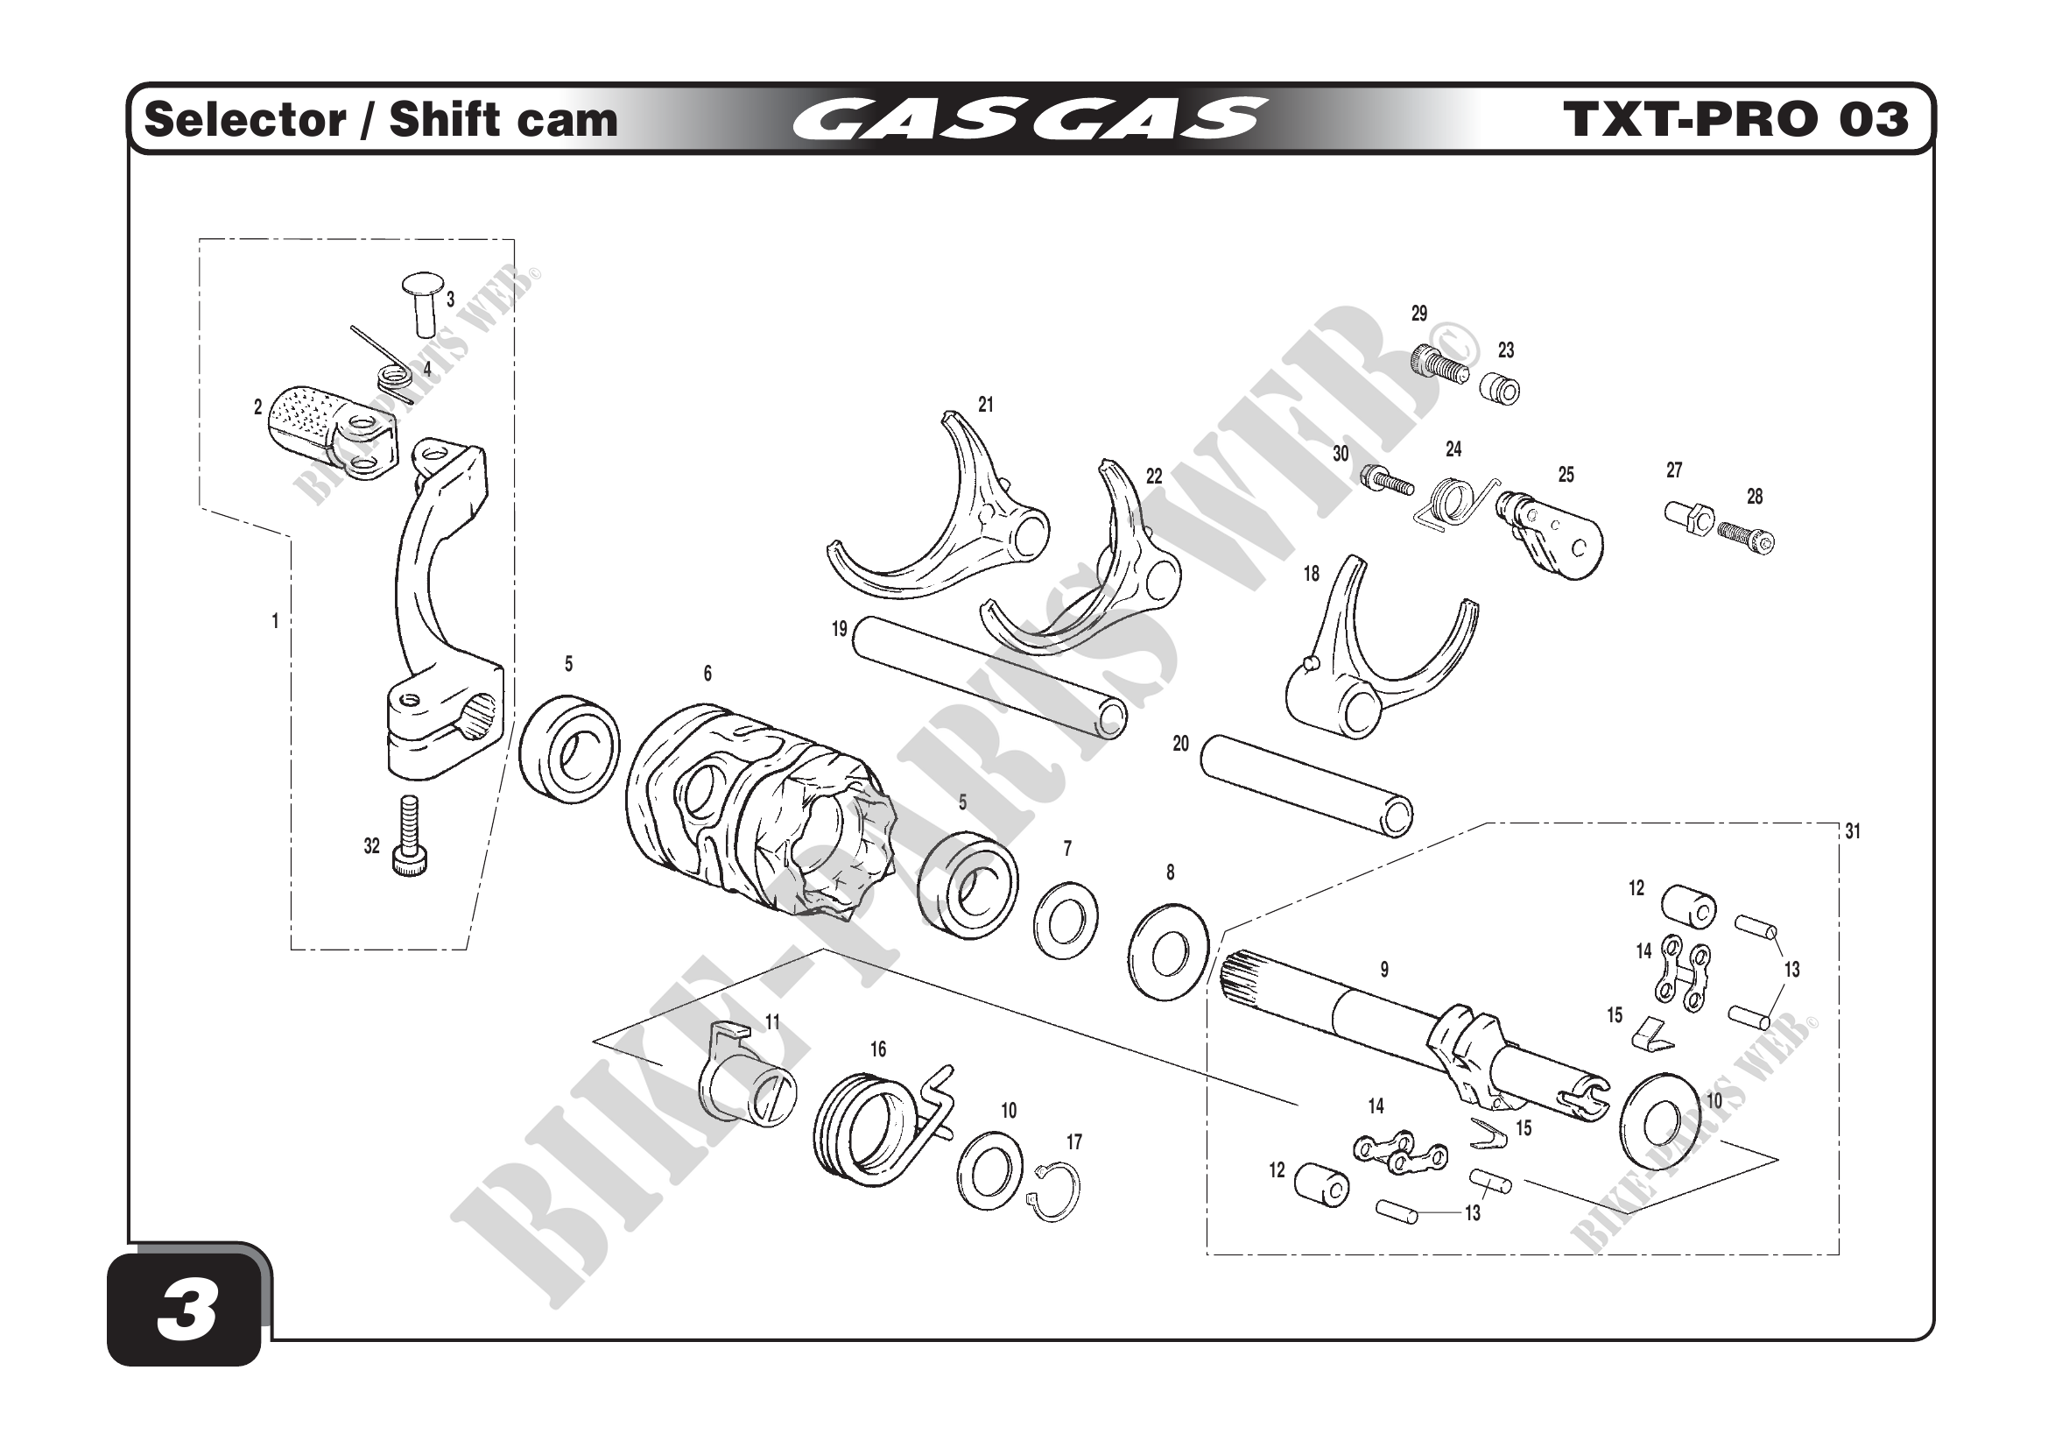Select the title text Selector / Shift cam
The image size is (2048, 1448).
pyautogui.click(x=381, y=119)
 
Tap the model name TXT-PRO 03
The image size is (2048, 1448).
pyautogui.click(x=1735, y=119)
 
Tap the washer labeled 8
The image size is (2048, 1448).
pyautogui.click(x=1169, y=953)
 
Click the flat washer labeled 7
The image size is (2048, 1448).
pyautogui.click(x=1065, y=919)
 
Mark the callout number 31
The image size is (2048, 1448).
pyautogui.click(x=1853, y=831)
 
